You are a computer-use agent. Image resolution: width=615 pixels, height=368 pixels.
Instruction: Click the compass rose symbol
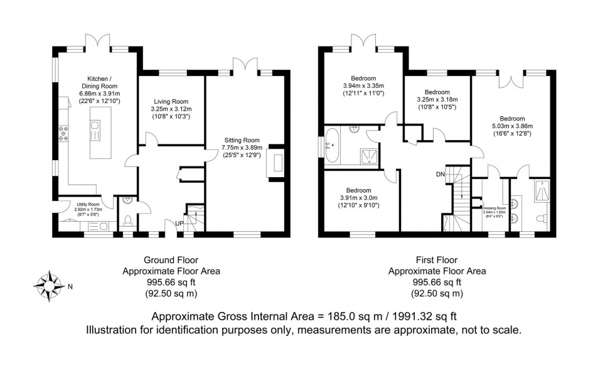49,286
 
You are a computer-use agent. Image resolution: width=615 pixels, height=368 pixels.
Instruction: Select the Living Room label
171,101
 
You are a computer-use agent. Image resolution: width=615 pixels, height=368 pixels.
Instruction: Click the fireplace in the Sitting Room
276,163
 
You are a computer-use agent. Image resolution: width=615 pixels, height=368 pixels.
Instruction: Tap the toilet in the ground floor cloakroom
127,220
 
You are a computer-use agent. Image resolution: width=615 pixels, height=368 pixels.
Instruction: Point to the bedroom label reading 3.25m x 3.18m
437,99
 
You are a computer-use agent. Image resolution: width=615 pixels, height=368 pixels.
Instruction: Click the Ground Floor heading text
171,259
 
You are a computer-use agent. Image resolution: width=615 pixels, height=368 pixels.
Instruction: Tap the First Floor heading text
437,259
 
